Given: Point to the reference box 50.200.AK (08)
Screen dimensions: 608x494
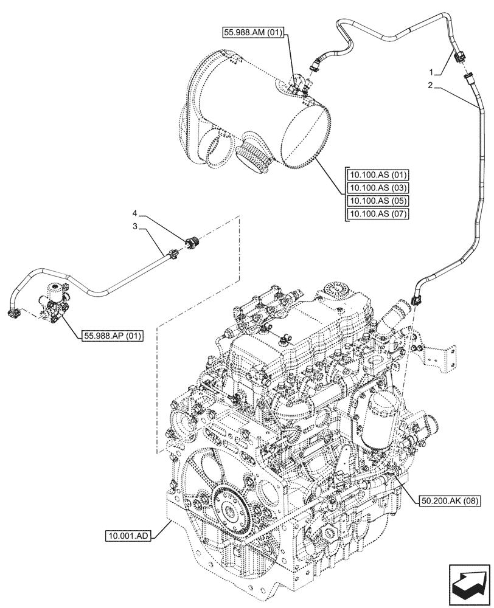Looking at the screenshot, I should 450,501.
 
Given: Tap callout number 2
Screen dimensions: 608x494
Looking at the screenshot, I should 430,86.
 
